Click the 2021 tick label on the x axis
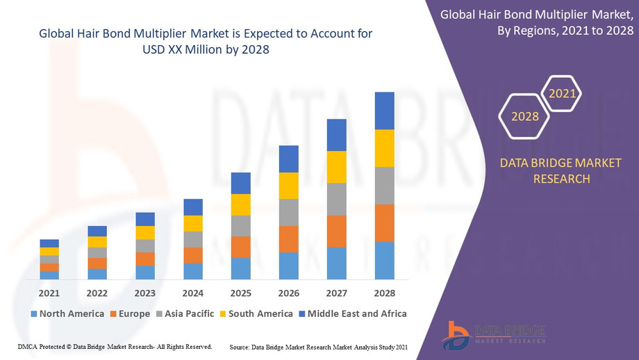click(x=49, y=293)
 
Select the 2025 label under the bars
click(x=240, y=293)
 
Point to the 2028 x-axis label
click(x=384, y=293)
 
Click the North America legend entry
click(x=67, y=313)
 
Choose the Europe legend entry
click(x=130, y=313)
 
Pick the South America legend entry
click(x=256, y=313)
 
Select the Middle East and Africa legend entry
click(x=352, y=313)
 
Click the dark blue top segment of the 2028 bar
click(x=384, y=111)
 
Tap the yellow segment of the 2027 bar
click(x=336, y=167)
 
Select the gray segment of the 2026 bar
click(x=288, y=212)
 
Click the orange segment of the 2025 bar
click(x=240, y=247)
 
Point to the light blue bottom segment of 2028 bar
click(x=384, y=261)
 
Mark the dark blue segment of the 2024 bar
click(x=193, y=207)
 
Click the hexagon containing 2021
click(x=562, y=93)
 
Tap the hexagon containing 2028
click(x=525, y=116)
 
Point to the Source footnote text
click(x=317, y=346)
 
